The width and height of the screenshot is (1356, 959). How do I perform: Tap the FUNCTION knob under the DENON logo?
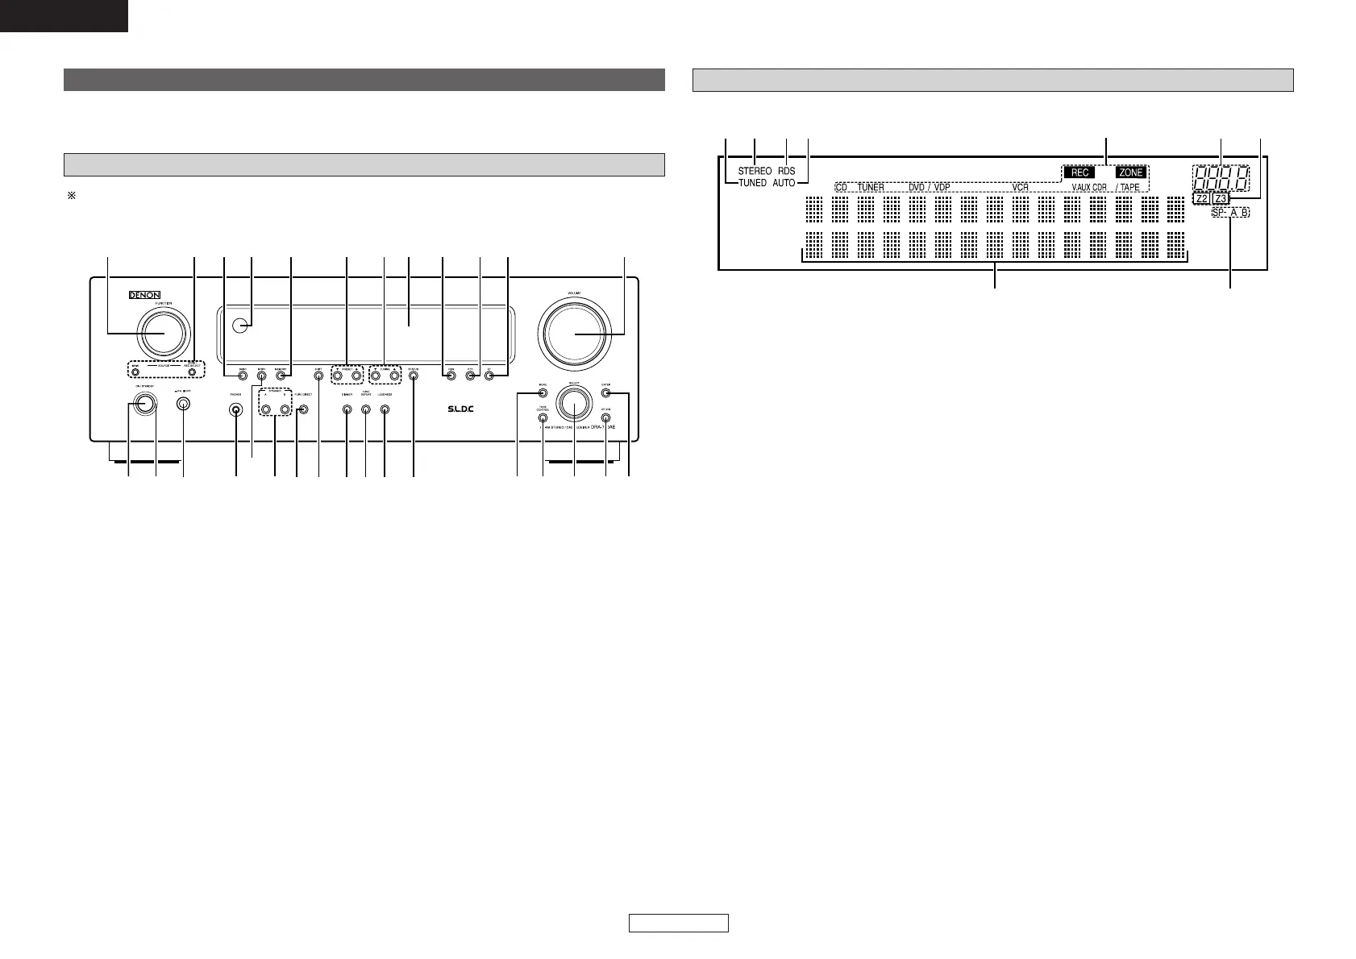164,333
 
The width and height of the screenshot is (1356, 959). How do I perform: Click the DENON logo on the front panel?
145,295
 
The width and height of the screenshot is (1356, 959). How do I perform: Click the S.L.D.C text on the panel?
461,409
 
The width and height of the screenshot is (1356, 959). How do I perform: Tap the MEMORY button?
281,374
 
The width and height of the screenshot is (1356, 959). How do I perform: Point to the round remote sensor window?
238,326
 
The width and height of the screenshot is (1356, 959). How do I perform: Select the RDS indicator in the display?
786,172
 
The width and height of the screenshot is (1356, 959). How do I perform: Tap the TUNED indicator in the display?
752,184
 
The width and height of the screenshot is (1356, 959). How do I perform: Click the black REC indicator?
1079,172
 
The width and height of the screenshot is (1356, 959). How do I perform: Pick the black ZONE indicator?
1130,172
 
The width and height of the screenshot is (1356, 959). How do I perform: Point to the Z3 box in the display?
1219,198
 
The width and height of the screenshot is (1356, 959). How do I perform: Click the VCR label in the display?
1020,187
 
